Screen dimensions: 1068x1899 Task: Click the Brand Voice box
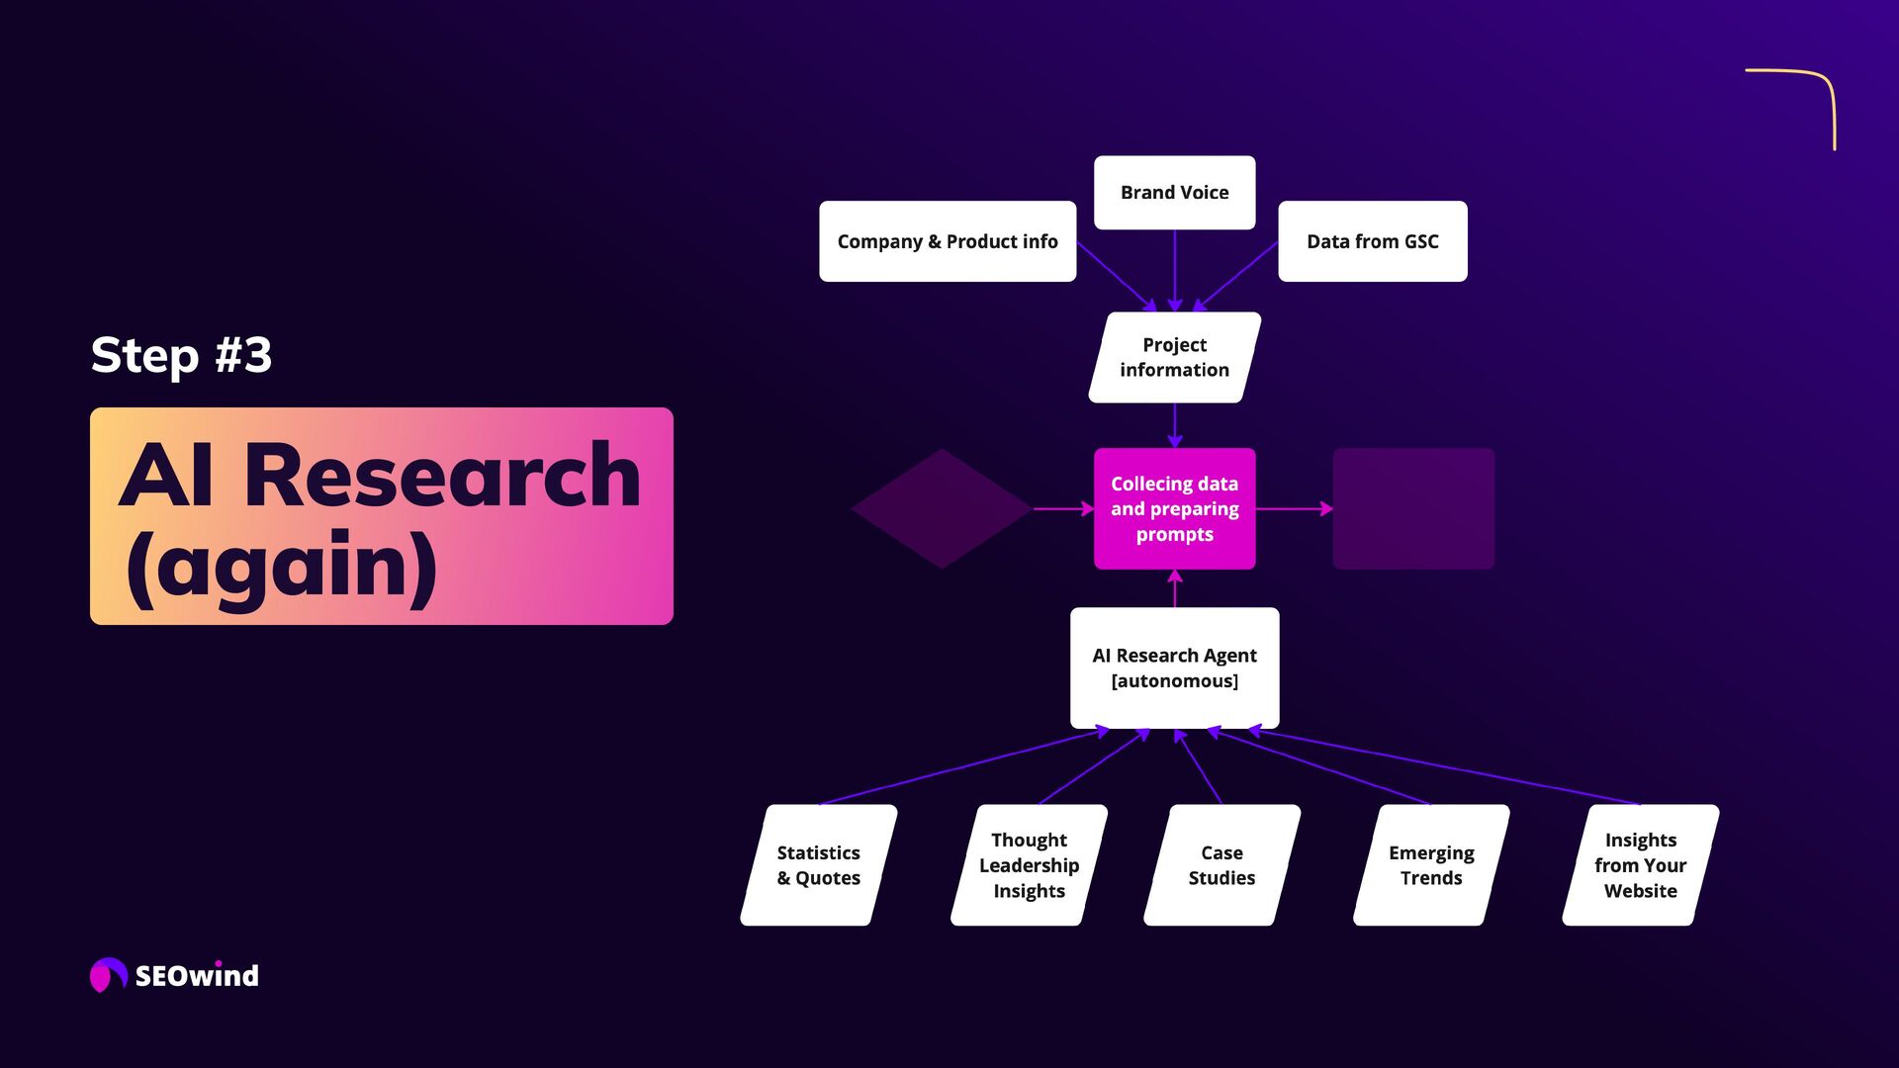click(1174, 193)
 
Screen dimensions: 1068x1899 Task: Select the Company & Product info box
click(947, 241)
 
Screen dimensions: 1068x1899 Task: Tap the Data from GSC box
click(1372, 241)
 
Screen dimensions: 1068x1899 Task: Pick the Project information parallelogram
click(1174, 357)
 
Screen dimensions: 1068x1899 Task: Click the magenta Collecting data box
click(1174, 508)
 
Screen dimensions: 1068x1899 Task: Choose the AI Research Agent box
click(1174, 667)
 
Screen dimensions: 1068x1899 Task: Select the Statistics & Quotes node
click(818, 865)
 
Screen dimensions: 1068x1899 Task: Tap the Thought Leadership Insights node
click(1029, 865)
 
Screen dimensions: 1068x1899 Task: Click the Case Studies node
click(1221, 865)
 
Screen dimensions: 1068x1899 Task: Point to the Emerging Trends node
click(1430, 865)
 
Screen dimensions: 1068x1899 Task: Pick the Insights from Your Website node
click(1640, 865)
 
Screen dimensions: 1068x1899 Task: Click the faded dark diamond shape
click(942, 508)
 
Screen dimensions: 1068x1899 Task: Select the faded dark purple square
click(1412, 508)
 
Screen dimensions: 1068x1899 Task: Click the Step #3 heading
click(181, 355)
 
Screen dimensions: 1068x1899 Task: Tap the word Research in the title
click(442, 477)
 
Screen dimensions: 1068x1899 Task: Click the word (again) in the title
click(282, 566)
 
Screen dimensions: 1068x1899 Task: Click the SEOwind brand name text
click(197, 976)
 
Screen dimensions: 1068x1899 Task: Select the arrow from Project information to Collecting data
click(1174, 425)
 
